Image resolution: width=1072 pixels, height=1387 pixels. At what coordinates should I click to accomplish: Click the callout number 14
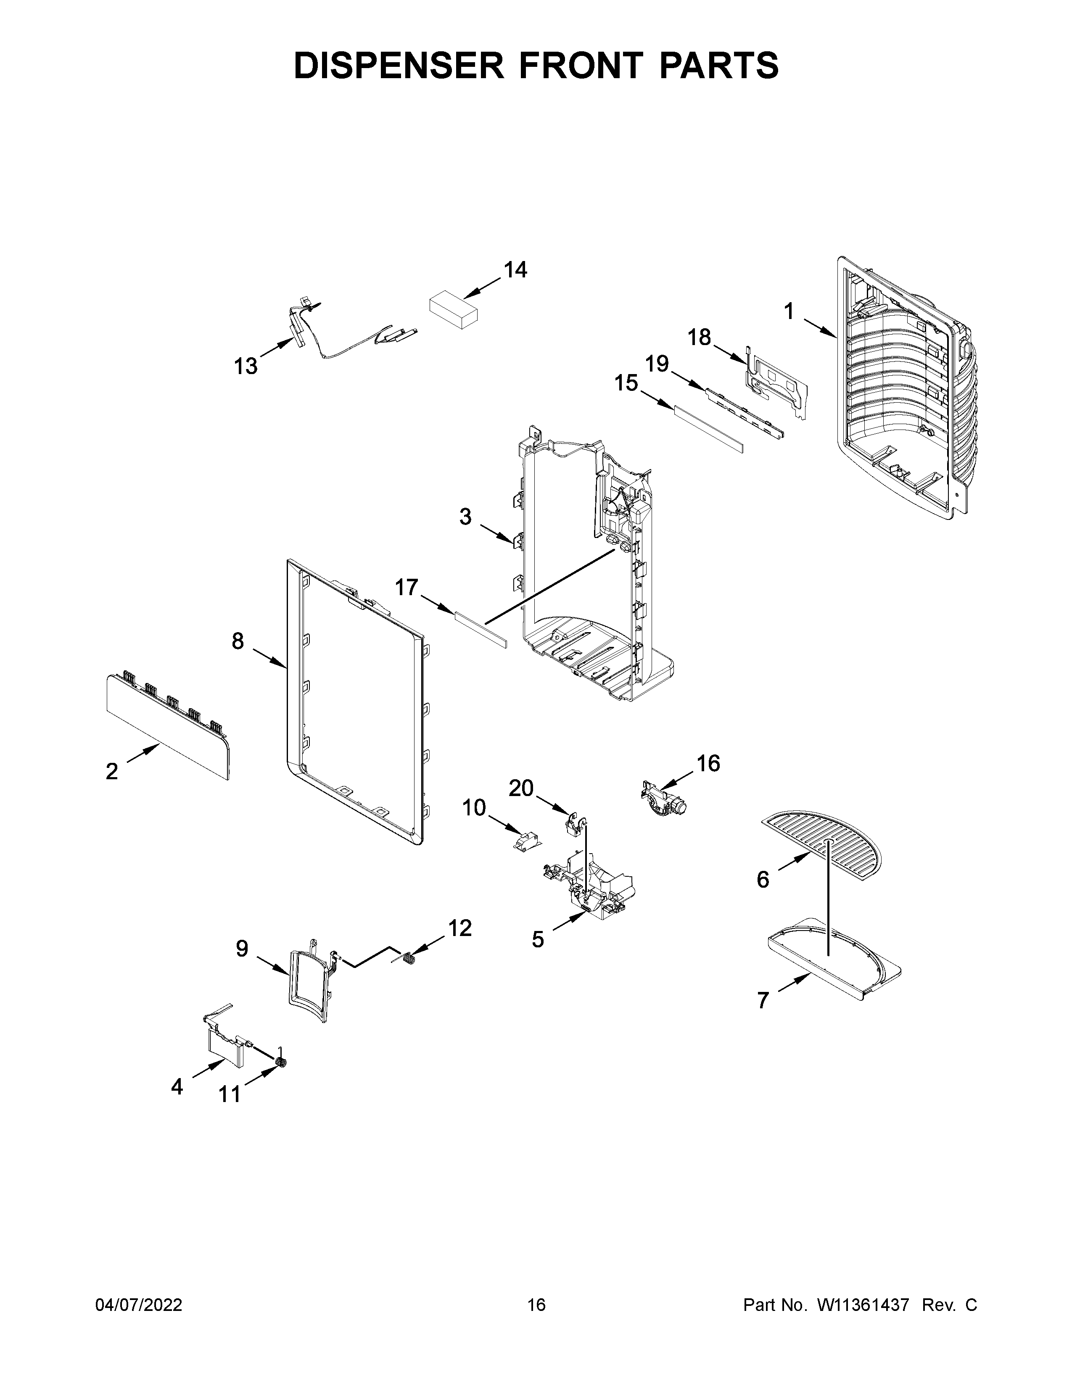515,271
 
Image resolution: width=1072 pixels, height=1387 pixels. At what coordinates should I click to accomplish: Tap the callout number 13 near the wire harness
246,367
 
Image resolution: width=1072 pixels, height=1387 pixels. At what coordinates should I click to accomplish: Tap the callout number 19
657,364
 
